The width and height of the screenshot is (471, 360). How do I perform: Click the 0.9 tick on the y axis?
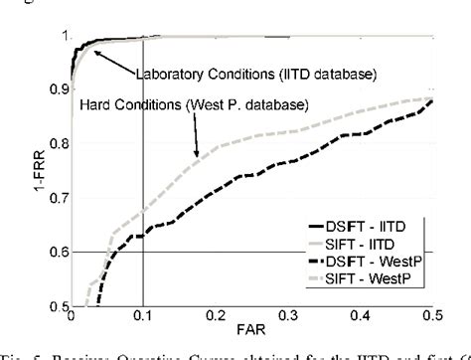[57, 90]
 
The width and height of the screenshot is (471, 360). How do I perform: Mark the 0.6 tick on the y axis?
[57, 253]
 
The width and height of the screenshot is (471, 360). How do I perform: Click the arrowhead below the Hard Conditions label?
[198, 153]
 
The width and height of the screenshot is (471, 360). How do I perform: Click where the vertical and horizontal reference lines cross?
[142, 253]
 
